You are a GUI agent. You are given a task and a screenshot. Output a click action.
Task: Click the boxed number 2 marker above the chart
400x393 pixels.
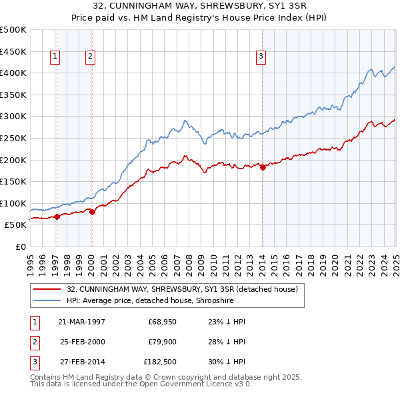click(x=89, y=57)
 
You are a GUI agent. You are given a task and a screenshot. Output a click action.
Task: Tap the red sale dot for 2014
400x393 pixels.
click(x=263, y=168)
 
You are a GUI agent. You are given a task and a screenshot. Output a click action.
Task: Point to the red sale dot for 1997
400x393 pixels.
click(x=57, y=216)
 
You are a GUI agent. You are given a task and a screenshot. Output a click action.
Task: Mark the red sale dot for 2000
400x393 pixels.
click(x=93, y=212)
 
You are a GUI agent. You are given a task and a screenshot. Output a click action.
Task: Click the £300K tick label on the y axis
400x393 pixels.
click(x=13, y=117)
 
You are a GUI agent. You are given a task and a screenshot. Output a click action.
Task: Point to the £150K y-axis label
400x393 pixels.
click(x=13, y=181)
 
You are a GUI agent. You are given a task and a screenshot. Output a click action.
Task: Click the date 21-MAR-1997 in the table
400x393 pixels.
click(x=82, y=321)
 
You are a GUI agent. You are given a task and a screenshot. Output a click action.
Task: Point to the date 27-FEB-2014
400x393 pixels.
click(x=82, y=363)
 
